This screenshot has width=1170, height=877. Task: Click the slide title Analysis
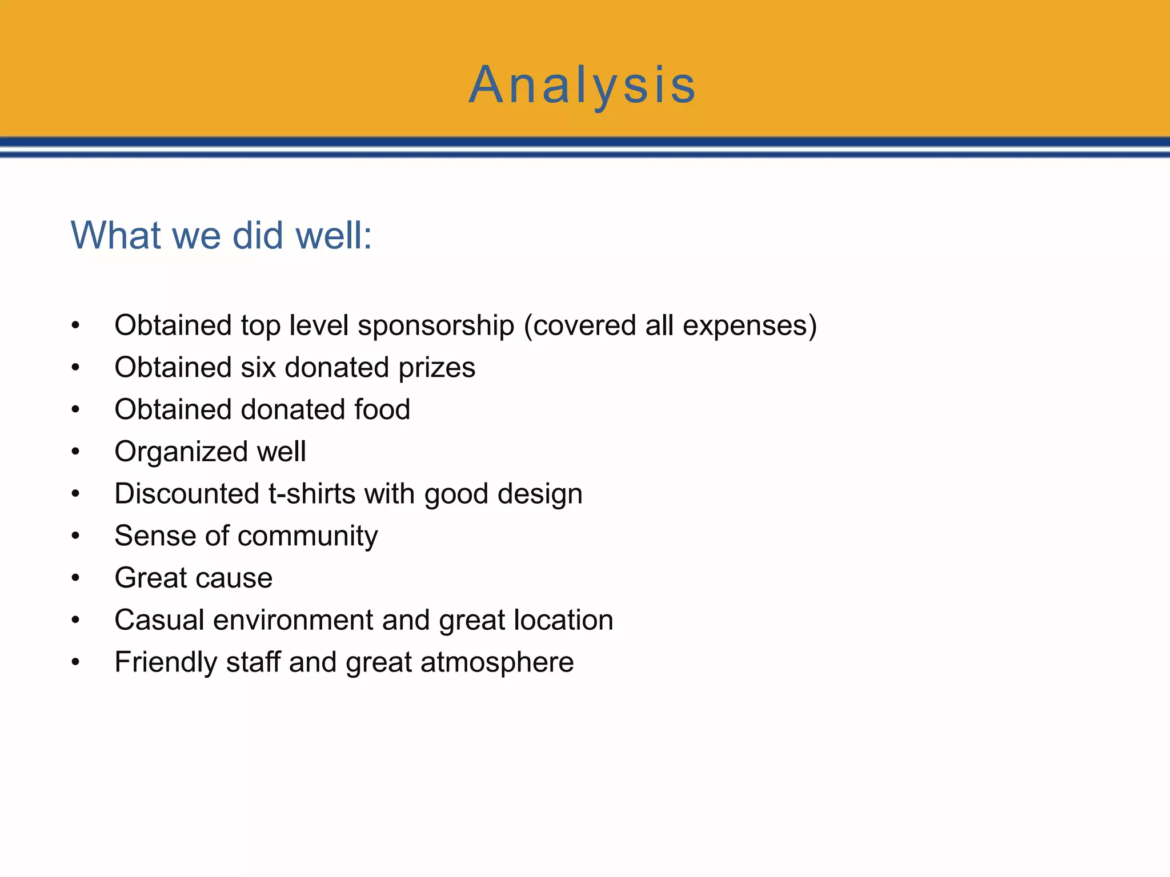tap(582, 86)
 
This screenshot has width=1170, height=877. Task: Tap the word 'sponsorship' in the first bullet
tap(436, 326)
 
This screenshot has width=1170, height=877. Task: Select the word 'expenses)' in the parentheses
tap(750, 326)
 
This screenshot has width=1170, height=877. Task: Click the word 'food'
tap(382, 410)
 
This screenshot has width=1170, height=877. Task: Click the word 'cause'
tap(234, 578)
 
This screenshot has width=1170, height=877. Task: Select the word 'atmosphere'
tap(497, 663)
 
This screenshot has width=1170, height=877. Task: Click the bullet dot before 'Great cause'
tap(75, 578)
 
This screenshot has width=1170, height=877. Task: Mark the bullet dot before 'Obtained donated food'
tap(75, 410)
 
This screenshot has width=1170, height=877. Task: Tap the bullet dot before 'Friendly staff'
tap(75, 662)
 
